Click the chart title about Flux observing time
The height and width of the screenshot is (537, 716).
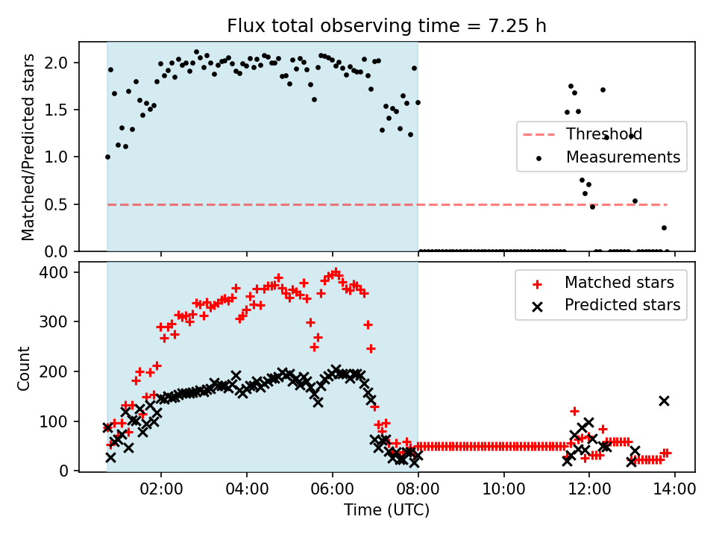[x=387, y=26]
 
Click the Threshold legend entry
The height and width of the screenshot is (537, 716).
[x=603, y=135]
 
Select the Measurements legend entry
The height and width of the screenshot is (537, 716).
[x=623, y=157]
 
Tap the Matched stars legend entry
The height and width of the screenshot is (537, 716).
[x=619, y=283]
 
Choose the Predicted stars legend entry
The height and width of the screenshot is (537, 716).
[x=622, y=305]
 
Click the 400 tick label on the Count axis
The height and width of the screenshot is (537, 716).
[x=59, y=273]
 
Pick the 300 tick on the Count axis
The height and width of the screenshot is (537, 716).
[x=59, y=322]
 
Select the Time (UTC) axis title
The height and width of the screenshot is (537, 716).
[x=387, y=510]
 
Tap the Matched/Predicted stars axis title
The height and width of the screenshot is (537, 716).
[x=28, y=147]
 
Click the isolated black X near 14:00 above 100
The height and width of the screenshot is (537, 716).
[x=664, y=401]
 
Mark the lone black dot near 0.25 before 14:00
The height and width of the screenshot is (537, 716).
[x=664, y=227]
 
